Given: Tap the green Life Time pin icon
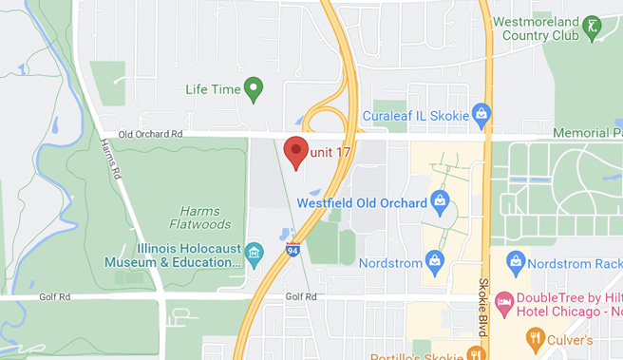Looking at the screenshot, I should (253, 90).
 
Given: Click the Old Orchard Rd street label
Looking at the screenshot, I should (150, 135).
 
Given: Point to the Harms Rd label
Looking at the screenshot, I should (110, 160).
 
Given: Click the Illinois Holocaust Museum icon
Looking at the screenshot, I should (254, 254).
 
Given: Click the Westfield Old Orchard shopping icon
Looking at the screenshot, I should (440, 200).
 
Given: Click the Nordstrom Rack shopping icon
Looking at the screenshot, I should (516, 259).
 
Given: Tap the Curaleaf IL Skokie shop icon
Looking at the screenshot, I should (481, 116).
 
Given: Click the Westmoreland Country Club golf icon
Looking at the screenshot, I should (593, 26).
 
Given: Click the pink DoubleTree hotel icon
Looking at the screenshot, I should (503, 298).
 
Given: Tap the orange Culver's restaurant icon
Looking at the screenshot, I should (535, 338).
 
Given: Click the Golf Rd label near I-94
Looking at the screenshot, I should (300, 297).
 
